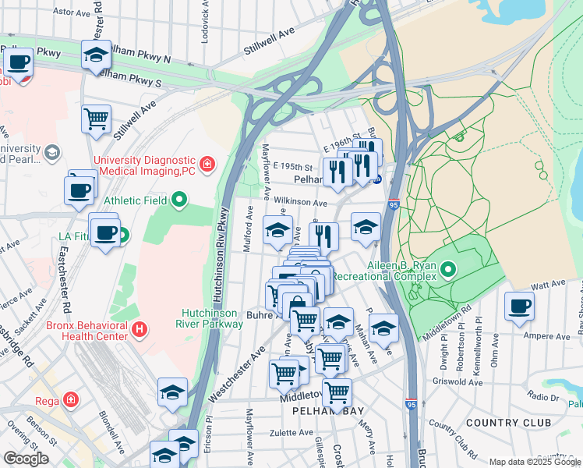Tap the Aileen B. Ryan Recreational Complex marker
coord(448,271)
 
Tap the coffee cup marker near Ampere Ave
coord(519,306)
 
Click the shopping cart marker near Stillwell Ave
coord(97,119)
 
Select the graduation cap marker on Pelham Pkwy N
coord(97,55)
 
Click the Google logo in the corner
coord(26,458)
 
